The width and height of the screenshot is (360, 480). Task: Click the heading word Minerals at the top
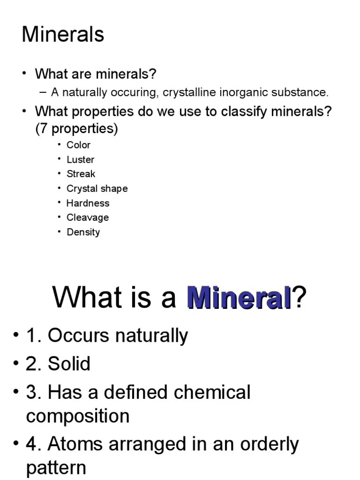(63, 35)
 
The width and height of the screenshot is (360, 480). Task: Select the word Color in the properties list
(78, 145)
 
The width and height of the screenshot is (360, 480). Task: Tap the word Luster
(80, 159)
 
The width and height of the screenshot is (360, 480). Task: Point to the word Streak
(81, 174)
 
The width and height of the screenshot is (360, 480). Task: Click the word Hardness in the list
(88, 203)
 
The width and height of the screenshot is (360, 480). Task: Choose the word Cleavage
(88, 217)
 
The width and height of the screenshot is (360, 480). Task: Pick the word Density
(83, 232)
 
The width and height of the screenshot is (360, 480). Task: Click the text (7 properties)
(77, 128)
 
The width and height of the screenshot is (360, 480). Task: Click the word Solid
(70, 364)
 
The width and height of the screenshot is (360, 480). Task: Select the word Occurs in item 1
(76, 336)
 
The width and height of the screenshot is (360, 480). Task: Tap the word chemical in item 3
(212, 392)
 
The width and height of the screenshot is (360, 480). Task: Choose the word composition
(78, 416)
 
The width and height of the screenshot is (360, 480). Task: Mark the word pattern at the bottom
(56, 467)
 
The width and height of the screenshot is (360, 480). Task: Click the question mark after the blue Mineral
(299, 297)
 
